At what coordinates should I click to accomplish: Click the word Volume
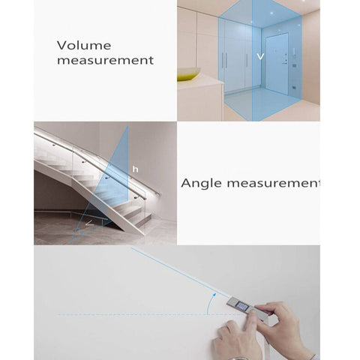(84, 45)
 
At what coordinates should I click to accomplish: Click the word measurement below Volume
(105, 60)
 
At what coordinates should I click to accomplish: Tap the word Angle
(201, 184)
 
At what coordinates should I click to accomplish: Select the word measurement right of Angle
(273, 183)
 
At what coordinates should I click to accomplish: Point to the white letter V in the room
(260, 57)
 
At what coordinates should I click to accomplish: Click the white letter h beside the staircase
(135, 169)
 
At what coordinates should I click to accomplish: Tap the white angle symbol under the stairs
(89, 223)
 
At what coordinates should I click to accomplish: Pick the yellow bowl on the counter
(189, 73)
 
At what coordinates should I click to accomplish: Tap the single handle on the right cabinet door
(247, 60)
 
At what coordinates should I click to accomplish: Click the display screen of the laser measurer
(242, 305)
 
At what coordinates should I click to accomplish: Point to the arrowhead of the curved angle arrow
(214, 295)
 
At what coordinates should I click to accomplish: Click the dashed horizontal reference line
(151, 314)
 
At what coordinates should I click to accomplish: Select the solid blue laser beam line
(181, 273)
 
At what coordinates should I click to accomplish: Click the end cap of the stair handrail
(160, 193)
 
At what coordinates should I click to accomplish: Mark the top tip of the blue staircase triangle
(127, 127)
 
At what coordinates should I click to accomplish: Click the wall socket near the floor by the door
(294, 88)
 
